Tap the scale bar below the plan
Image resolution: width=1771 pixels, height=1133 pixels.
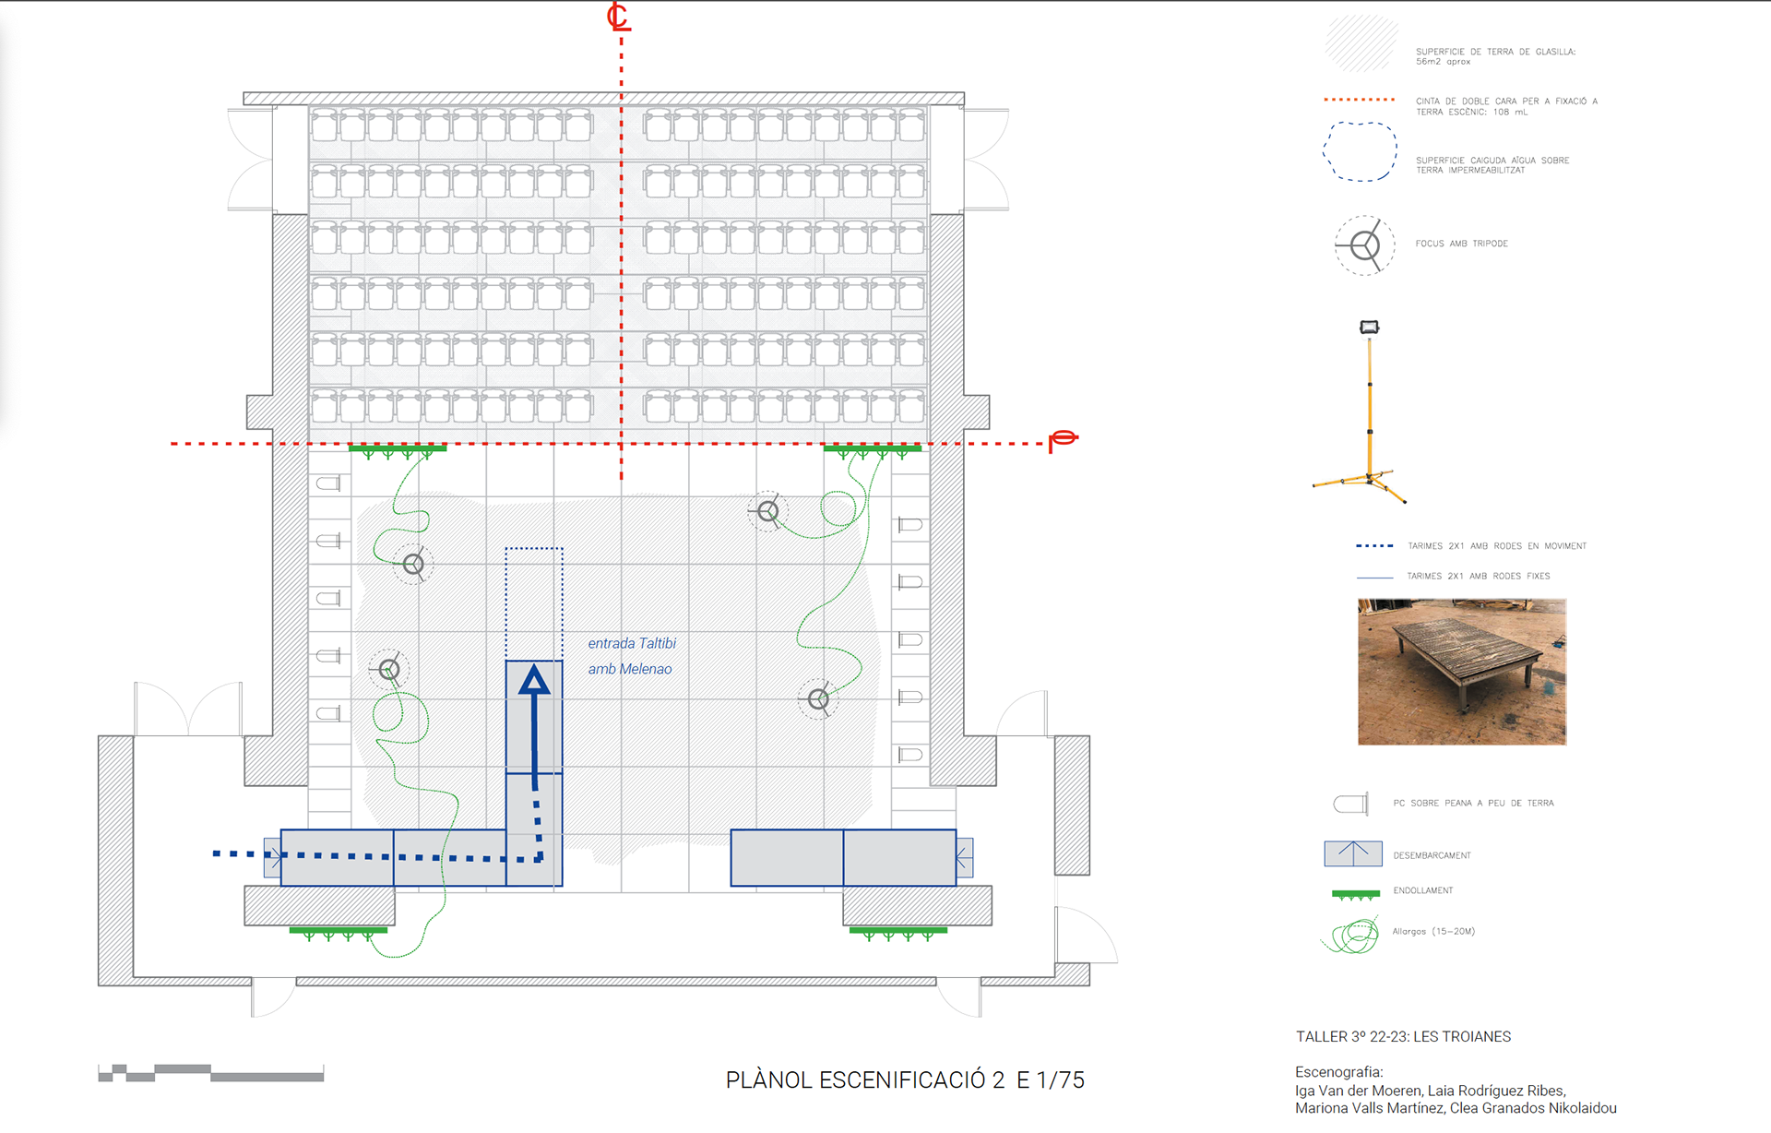pyautogui.click(x=210, y=1073)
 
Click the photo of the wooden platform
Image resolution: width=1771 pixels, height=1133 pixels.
pyautogui.click(x=1461, y=672)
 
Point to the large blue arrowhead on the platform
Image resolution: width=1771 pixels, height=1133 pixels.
pyautogui.click(x=534, y=681)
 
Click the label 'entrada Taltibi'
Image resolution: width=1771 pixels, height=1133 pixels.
pyautogui.click(x=632, y=643)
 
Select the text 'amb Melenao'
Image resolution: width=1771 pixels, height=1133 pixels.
pyautogui.click(x=630, y=669)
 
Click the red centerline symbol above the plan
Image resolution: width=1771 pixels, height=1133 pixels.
pyautogui.click(x=618, y=17)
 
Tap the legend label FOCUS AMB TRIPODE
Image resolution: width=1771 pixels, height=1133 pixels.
pyautogui.click(x=1461, y=244)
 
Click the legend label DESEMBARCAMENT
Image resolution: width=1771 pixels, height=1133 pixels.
pyautogui.click(x=1432, y=855)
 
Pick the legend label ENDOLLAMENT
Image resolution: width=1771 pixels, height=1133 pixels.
pyautogui.click(x=1422, y=890)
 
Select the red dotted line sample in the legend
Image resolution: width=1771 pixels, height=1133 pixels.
pyautogui.click(x=1359, y=100)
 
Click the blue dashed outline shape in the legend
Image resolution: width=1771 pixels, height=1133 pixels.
pyautogui.click(x=1360, y=151)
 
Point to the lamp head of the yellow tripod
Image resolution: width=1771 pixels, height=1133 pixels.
pyautogui.click(x=1369, y=327)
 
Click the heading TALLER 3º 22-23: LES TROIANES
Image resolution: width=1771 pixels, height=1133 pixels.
pyautogui.click(x=1403, y=1036)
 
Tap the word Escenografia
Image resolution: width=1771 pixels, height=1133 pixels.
pyautogui.click(x=1338, y=1072)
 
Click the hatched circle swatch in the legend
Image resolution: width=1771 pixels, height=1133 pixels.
pyautogui.click(x=1361, y=43)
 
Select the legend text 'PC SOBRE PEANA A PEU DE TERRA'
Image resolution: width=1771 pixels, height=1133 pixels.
pyautogui.click(x=1473, y=803)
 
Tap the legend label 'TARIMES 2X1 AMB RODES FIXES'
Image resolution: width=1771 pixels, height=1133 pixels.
pyautogui.click(x=1478, y=576)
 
